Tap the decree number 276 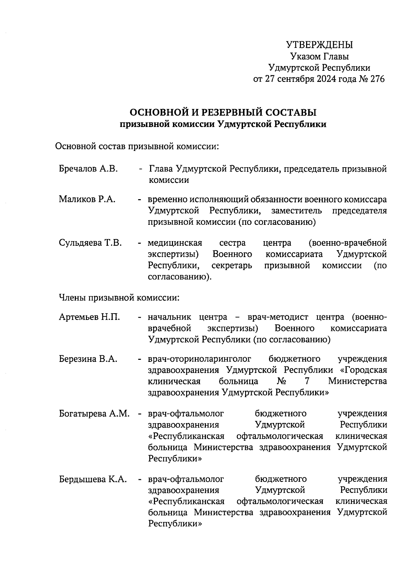point(378,79)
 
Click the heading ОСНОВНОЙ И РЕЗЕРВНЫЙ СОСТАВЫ point(223,112)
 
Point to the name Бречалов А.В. point(88,169)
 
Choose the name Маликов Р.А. point(87,199)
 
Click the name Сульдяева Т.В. point(90,243)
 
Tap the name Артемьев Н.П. point(89,317)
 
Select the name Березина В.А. point(88,359)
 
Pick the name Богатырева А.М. point(94,413)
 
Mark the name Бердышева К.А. point(93,479)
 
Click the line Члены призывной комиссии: point(119,297)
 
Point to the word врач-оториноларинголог point(199,359)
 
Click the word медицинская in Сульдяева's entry point(175,243)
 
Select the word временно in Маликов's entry point(167,200)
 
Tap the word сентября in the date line point(296,79)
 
